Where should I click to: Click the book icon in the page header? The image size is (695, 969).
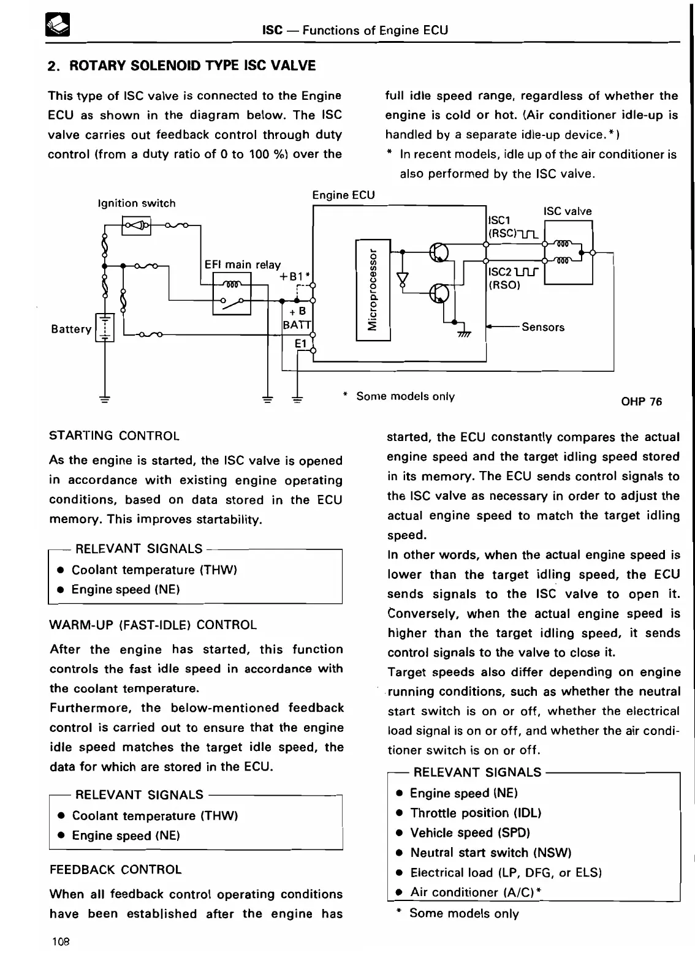pos(59,25)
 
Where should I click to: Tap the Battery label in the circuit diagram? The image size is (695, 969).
pos(71,329)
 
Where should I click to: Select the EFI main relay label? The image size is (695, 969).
pos(242,265)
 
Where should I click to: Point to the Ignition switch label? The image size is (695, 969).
pos(137,203)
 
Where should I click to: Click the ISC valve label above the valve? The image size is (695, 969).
pos(568,211)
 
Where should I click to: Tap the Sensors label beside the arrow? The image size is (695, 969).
pos(543,327)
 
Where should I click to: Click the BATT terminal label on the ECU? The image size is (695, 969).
pos(297,325)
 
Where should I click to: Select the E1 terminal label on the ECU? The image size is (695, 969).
pos(301,344)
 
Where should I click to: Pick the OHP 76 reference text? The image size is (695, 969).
pos(641,402)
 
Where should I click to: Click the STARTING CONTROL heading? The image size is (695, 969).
pos(114,436)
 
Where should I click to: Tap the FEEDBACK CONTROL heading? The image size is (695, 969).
pos(115,870)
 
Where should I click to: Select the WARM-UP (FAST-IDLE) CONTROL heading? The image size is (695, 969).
pos(153,625)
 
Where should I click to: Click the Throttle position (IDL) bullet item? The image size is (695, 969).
pos(476,813)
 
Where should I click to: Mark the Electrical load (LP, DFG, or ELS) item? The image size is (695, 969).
pos(506,872)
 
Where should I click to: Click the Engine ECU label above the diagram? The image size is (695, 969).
pos(343,195)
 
